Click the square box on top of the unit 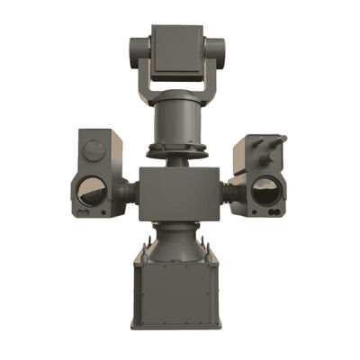[176, 50]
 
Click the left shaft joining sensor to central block [130, 192]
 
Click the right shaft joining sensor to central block [229, 192]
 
